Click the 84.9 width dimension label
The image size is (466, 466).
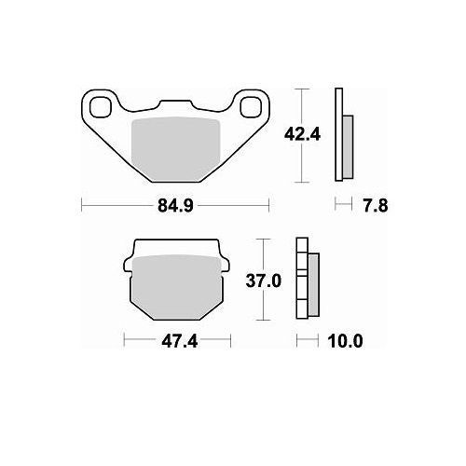(x=175, y=205)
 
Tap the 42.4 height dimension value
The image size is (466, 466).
(x=302, y=135)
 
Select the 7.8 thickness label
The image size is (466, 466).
(x=376, y=206)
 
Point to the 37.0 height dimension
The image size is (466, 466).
(x=264, y=281)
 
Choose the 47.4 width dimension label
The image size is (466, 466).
(x=180, y=341)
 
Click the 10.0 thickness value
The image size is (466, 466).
(x=345, y=341)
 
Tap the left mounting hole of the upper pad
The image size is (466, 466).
(x=100, y=107)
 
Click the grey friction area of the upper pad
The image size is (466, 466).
(x=176, y=149)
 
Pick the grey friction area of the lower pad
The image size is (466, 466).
(x=176, y=287)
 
